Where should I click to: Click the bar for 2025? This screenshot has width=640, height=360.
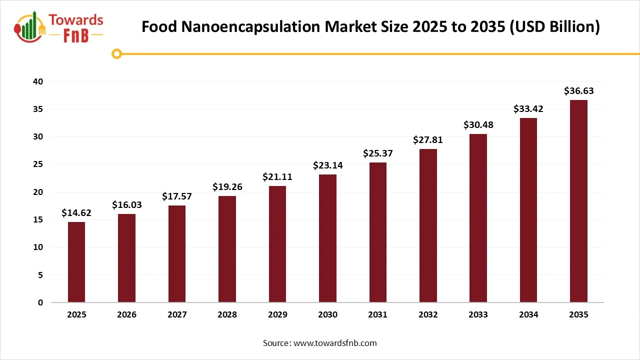pyautogui.click(x=76, y=262)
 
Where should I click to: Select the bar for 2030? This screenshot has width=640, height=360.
pyautogui.click(x=327, y=238)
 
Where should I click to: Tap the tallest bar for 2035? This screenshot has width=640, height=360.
pyautogui.click(x=578, y=201)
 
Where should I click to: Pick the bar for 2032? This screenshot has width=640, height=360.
pyautogui.click(x=428, y=225)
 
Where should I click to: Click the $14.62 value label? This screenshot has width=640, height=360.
pyautogui.click(x=76, y=213)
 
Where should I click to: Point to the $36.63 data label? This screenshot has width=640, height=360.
pyautogui.click(x=578, y=91)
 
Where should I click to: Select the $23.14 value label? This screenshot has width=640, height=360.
pyautogui.click(x=327, y=165)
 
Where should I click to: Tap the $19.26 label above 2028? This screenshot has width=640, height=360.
pyautogui.click(x=227, y=186)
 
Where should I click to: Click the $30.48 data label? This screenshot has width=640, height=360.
pyautogui.click(x=478, y=124)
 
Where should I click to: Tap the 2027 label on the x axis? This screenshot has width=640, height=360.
pyautogui.click(x=177, y=315)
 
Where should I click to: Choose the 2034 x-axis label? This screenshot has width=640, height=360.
pyautogui.click(x=528, y=315)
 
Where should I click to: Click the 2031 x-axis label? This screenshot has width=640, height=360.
pyautogui.click(x=377, y=315)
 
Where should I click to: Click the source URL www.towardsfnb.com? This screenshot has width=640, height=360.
pyautogui.click(x=334, y=343)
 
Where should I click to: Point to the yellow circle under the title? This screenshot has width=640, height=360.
pyautogui.click(x=116, y=53)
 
